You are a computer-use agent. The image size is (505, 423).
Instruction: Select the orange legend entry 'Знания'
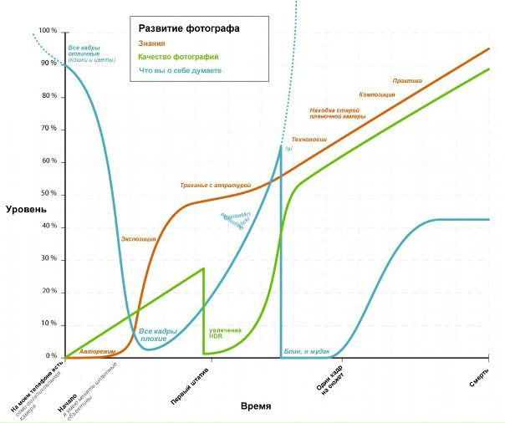151,43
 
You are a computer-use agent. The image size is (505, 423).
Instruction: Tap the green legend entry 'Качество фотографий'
178,57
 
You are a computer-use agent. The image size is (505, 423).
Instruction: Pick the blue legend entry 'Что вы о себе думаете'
180,71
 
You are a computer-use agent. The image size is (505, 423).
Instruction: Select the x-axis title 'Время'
256,405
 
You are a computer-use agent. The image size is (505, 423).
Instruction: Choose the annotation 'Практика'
407,81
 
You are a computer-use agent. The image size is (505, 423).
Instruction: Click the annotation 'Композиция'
377,94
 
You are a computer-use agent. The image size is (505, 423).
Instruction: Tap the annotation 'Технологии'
309,139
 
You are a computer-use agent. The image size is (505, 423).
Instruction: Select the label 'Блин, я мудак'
307,351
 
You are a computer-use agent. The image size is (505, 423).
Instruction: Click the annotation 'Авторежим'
94,351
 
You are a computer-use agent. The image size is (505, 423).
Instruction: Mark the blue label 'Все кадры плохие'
157,335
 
